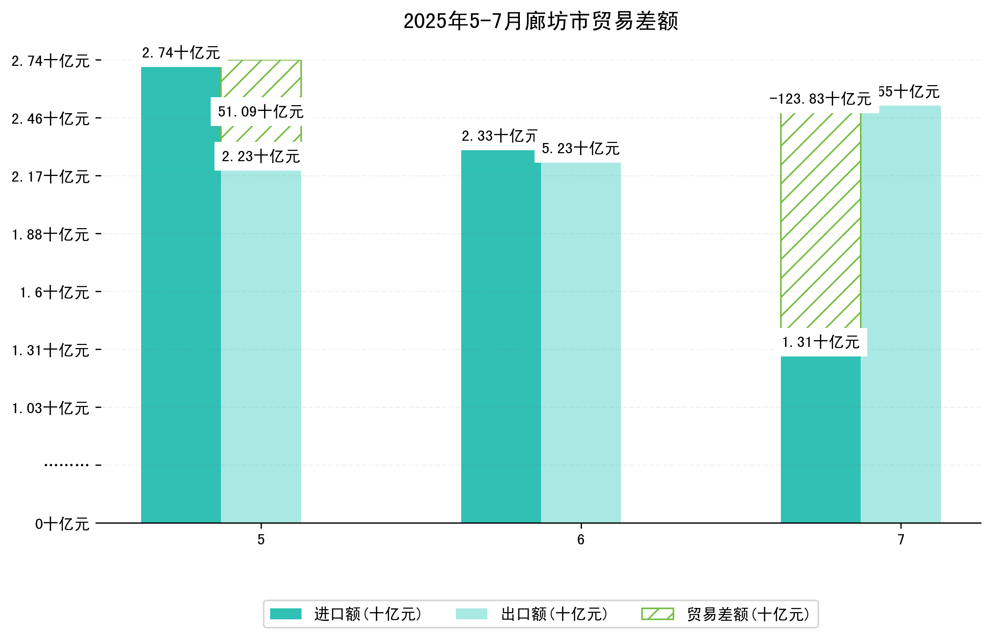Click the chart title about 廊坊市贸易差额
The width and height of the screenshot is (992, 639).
click(540, 21)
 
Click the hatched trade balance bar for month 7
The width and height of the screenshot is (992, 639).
click(820, 220)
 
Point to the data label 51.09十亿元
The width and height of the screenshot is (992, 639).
click(261, 112)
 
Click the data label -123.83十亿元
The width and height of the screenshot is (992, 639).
click(820, 99)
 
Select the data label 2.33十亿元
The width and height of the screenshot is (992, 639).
click(499, 136)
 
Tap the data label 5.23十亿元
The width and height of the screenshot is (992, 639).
click(580, 148)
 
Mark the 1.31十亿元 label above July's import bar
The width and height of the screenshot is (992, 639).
click(820, 342)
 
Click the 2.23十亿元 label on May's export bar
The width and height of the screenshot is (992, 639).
click(261, 156)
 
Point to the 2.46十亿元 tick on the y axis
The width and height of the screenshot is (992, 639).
click(50, 119)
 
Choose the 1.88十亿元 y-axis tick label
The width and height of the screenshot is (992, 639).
click(50, 235)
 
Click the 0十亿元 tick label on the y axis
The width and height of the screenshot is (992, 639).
click(62, 524)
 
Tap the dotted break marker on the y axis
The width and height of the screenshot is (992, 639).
click(66, 465)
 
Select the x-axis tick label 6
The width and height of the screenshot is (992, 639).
click(580, 539)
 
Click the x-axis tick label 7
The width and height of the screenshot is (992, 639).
click(900, 539)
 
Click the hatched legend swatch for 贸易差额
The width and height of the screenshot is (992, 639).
click(657, 614)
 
